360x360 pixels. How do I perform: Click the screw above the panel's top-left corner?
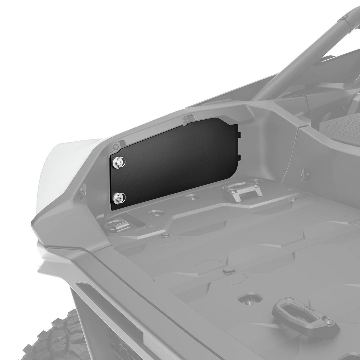(115, 146)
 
